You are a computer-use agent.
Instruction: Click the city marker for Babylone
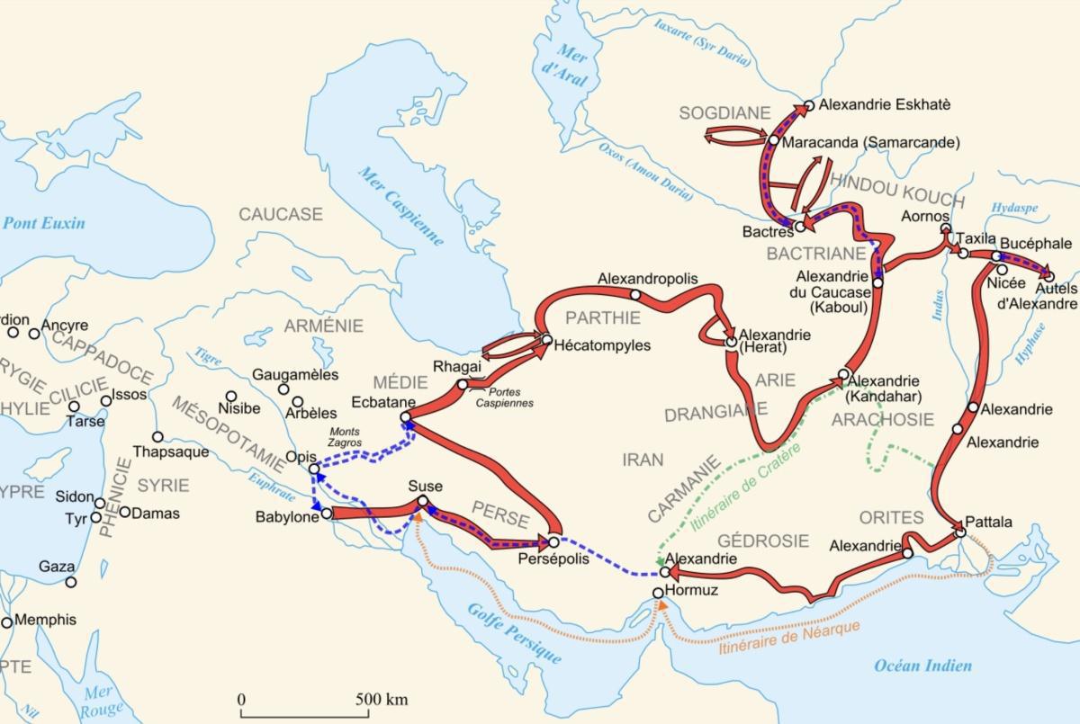tap(327, 514)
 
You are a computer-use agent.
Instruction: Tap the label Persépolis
tap(553, 559)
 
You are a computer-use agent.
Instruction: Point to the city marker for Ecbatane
tap(405, 416)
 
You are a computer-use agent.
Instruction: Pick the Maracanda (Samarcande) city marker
tap(773, 140)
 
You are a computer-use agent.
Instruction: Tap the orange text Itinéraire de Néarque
tap(789, 637)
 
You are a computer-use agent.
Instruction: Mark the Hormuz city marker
tap(658, 593)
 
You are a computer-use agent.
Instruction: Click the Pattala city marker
tap(960, 532)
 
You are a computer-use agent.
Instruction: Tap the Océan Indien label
tap(923, 666)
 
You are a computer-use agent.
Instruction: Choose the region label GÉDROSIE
tap(762, 541)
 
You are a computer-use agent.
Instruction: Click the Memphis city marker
tap(7, 621)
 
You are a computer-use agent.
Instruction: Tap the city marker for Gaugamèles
tap(284, 389)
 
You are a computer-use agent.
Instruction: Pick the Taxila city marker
tap(963, 253)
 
